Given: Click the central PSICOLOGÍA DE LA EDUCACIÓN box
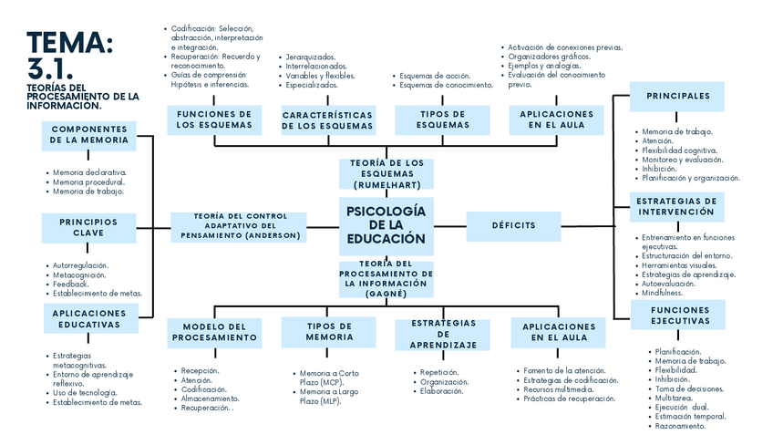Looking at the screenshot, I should (x=386, y=225).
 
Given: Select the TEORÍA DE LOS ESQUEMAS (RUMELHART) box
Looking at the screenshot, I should (x=386, y=172).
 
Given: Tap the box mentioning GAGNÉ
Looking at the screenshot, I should (x=386, y=279).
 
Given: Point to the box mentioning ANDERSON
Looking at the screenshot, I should (x=241, y=226).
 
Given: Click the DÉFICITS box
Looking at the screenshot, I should (x=513, y=225).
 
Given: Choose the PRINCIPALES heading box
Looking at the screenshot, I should (x=677, y=96).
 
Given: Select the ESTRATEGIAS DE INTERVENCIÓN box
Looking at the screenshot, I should (x=677, y=206).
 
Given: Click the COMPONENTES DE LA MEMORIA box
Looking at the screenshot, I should (x=89, y=135).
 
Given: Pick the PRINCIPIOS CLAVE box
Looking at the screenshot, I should (x=88, y=227).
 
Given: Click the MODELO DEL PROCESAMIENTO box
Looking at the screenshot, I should (x=215, y=332).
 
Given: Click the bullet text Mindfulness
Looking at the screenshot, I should (x=662, y=293).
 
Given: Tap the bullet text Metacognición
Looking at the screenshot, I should (x=81, y=274).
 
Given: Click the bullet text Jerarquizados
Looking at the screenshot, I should (x=310, y=57).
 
